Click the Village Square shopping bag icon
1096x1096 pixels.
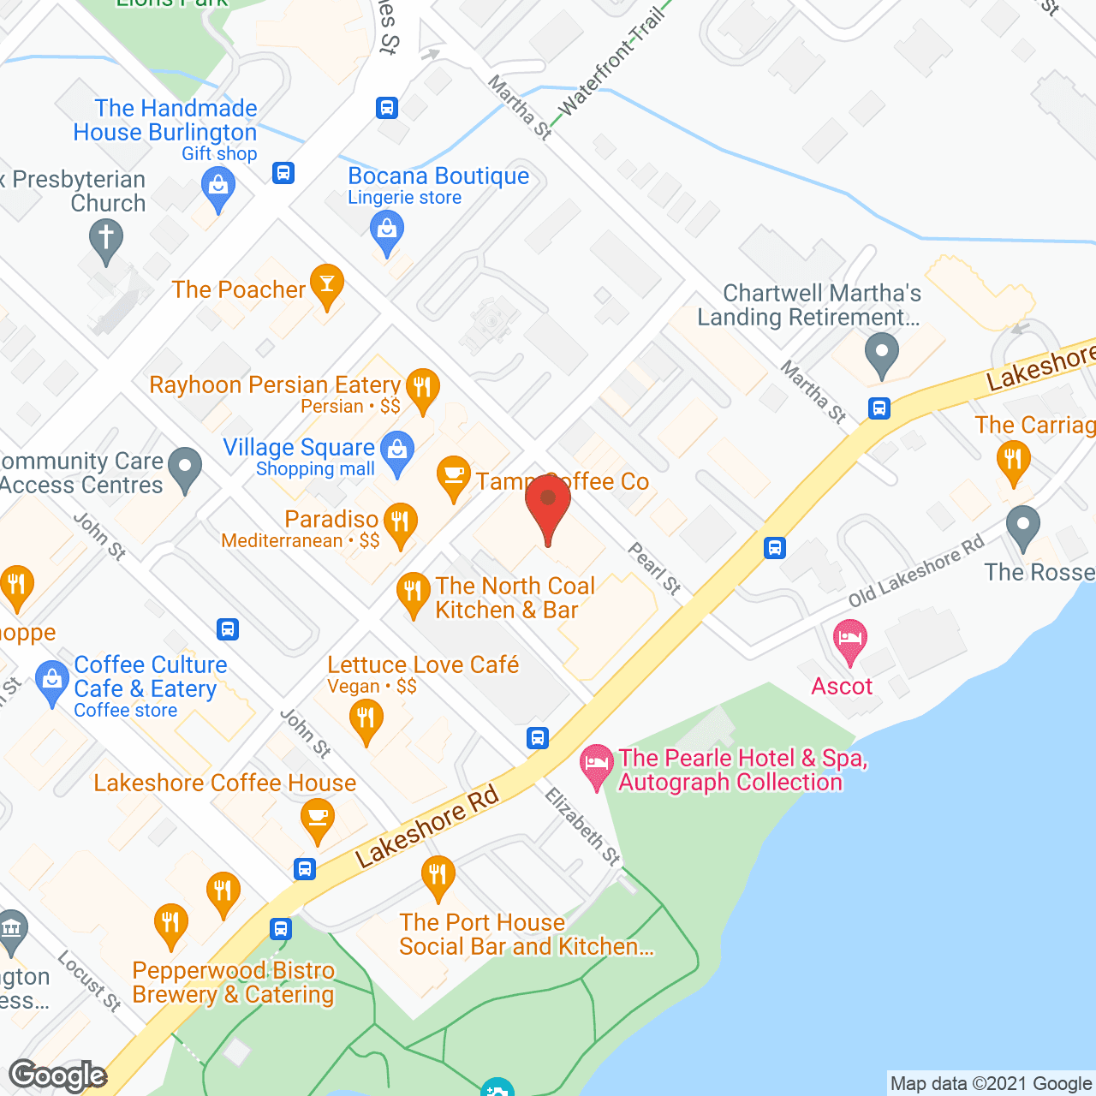click(396, 450)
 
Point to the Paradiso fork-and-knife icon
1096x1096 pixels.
click(400, 522)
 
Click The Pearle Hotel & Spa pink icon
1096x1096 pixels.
click(597, 763)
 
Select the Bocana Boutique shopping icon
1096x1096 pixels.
click(387, 231)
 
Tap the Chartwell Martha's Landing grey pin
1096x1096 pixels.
click(881, 354)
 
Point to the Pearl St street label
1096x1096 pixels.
click(655, 568)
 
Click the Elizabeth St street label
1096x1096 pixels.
click(583, 826)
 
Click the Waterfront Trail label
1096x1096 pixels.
click(611, 64)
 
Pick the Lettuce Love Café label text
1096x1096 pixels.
click(423, 664)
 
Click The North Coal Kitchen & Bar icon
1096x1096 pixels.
click(413, 593)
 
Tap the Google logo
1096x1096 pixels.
click(57, 1075)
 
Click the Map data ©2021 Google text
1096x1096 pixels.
click(992, 1083)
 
